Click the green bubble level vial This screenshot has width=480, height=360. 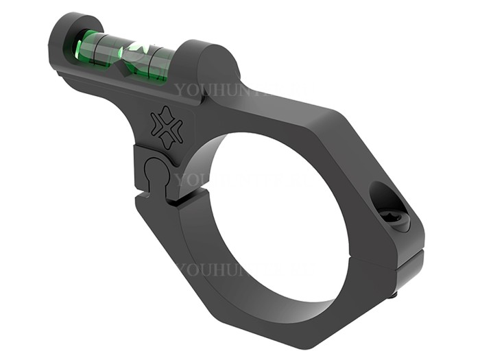pyautogui.click(x=123, y=56)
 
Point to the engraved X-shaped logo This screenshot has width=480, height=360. pyautogui.click(x=166, y=128)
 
